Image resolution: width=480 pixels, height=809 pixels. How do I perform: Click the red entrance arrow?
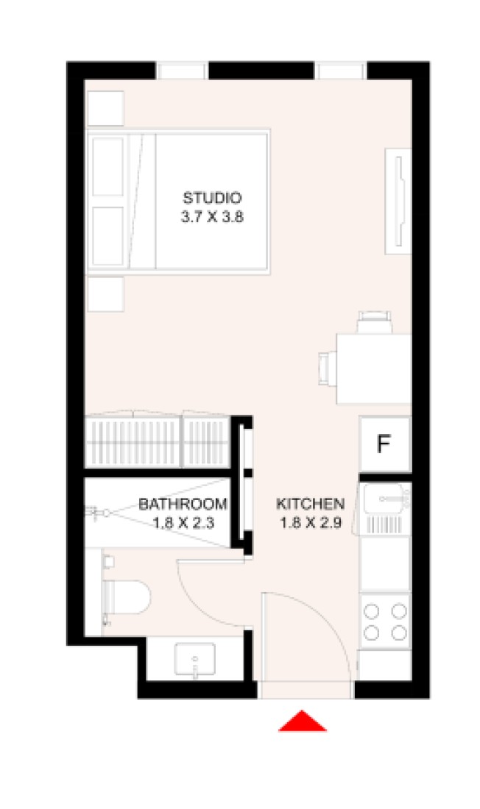(x=303, y=721)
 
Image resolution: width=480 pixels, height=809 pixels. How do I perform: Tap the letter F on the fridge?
(x=383, y=443)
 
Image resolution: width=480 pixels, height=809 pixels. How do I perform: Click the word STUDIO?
(x=212, y=198)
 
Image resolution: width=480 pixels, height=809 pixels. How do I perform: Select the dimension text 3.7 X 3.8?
(x=212, y=217)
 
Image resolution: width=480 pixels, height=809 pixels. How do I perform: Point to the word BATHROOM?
(x=183, y=504)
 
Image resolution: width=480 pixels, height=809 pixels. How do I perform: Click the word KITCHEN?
(x=310, y=504)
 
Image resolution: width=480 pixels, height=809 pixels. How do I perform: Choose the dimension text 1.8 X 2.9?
(x=311, y=523)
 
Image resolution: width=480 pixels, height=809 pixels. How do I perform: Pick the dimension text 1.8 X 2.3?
(x=183, y=523)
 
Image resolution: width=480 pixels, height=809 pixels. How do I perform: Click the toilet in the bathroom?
(x=126, y=597)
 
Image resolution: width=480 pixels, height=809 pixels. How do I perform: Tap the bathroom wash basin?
(x=195, y=660)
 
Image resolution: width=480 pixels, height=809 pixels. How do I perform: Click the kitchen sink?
(x=385, y=509)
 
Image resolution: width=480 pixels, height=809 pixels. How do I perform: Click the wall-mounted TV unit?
(x=398, y=202)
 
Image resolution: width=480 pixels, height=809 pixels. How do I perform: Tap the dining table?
(x=373, y=369)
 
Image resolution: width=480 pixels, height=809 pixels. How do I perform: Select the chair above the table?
(x=374, y=323)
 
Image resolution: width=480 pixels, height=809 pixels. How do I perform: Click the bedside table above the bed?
(x=105, y=108)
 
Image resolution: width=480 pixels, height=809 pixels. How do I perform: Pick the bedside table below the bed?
(x=105, y=294)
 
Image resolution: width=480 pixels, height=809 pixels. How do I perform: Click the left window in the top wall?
(x=182, y=71)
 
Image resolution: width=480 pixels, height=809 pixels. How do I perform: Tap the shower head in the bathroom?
(x=98, y=513)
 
